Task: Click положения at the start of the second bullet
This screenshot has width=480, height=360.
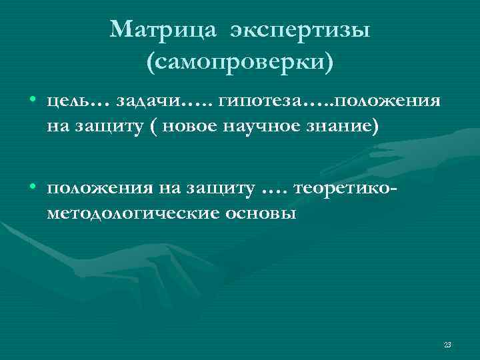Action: point(100,191)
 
